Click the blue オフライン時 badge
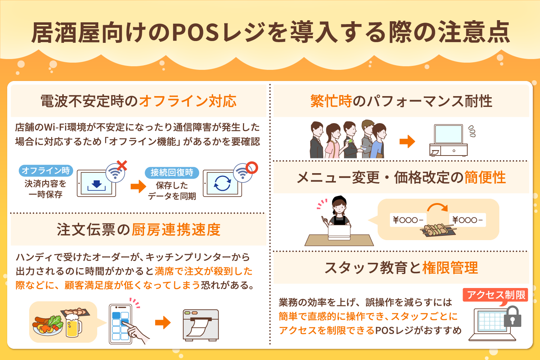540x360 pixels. click(46, 171)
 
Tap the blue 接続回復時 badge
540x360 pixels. click(172, 173)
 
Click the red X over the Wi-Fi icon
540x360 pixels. click(122, 166)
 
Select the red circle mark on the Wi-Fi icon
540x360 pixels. click(252, 167)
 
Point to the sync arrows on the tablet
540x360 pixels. click(222, 183)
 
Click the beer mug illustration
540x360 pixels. click(73, 325)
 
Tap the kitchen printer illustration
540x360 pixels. click(201, 325)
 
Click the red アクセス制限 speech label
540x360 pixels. click(496, 295)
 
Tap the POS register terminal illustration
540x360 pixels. click(449, 140)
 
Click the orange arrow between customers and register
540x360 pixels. click(407, 141)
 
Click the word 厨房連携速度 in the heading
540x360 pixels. click(176, 230)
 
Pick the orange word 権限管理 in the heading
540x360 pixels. click(450, 268)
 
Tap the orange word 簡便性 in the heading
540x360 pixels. click(485, 177)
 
